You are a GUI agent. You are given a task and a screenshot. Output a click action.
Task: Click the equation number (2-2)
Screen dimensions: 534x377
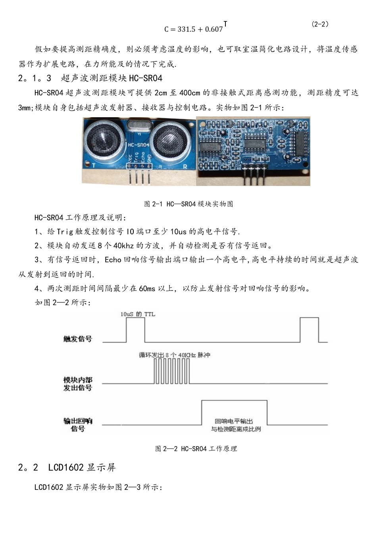[x=320, y=24]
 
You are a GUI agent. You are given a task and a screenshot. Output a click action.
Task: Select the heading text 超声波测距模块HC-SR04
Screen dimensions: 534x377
[x=112, y=78]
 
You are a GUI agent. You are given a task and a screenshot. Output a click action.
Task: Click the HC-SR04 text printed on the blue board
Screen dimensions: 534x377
[x=138, y=145]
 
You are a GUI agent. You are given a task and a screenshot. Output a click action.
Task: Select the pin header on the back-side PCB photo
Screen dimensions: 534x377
[x=253, y=175]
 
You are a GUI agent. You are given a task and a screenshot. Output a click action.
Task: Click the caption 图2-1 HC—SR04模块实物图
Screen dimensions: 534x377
[x=188, y=204]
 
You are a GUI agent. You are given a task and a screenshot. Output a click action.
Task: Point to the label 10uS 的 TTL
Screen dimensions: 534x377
[x=138, y=314]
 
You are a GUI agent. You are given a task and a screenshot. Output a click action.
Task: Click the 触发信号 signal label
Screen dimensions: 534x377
[x=77, y=339]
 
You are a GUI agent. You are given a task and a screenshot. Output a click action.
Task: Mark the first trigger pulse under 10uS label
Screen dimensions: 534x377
[x=135, y=330]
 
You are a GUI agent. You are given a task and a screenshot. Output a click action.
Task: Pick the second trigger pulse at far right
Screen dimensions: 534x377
[x=309, y=330]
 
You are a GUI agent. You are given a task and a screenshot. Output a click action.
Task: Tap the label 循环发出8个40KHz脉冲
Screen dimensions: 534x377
[x=174, y=355]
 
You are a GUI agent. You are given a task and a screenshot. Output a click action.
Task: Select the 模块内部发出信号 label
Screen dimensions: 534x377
[x=78, y=384]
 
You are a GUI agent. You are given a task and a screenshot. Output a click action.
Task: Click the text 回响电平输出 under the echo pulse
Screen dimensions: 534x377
[x=234, y=421]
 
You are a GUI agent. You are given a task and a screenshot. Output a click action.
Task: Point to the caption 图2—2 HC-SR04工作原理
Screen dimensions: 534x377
[x=196, y=449]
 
